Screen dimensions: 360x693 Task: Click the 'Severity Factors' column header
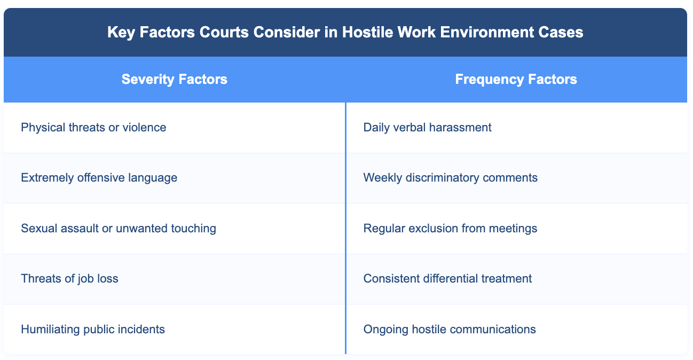(x=175, y=80)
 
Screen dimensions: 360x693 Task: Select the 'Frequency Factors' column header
(x=516, y=80)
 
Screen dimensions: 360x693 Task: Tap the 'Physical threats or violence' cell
(x=93, y=128)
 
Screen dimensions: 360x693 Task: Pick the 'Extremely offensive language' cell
(x=99, y=178)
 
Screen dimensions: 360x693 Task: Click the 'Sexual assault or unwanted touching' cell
(x=119, y=229)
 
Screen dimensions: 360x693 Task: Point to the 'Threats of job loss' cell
(x=69, y=279)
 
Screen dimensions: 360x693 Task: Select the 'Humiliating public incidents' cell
(x=93, y=329)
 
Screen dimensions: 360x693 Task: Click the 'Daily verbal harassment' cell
(x=427, y=128)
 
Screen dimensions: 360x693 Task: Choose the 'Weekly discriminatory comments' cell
(x=450, y=178)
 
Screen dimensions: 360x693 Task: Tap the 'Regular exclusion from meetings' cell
(x=450, y=229)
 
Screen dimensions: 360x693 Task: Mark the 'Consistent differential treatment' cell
(x=447, y=279)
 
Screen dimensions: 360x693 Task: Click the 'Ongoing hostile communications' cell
(x=450, y=329)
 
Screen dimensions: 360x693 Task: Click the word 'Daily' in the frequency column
(x=375, y=128)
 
